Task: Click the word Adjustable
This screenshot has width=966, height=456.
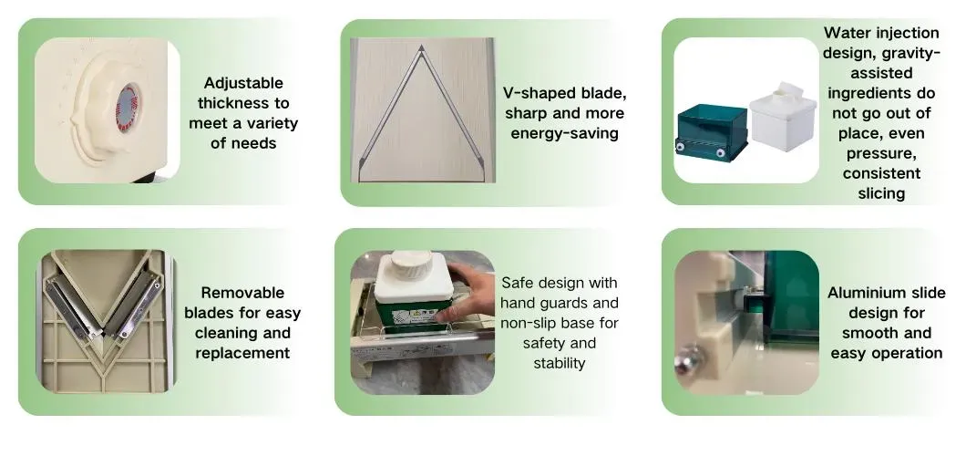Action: (243, 83)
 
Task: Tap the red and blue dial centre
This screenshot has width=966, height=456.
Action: (127, 107)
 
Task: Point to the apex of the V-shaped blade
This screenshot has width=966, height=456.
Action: (421, 47)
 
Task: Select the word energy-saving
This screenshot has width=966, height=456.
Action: (564, 134)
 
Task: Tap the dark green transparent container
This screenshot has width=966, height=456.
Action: (712, 133)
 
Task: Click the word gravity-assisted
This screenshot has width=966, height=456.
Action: (881, 63)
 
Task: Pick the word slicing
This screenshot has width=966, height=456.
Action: (881, 193)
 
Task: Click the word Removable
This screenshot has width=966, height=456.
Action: (242, 293)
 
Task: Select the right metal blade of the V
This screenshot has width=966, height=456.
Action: (133, 305)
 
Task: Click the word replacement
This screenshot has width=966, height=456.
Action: (242, 353)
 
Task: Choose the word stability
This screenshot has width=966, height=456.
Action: (559, 363)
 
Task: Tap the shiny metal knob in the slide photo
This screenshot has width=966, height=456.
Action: (689, 361)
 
